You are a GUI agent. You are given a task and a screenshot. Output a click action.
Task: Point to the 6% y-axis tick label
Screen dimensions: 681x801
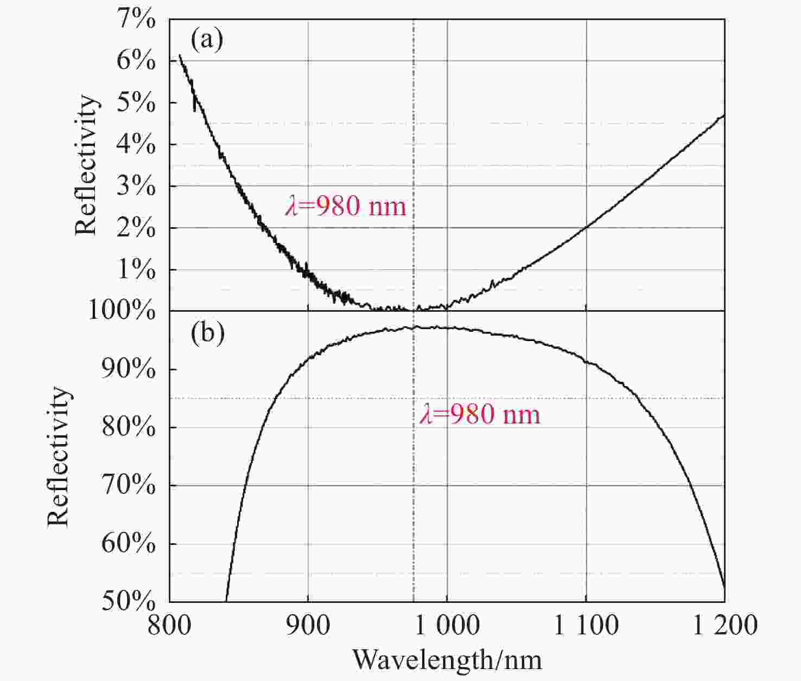(x=136, y=61)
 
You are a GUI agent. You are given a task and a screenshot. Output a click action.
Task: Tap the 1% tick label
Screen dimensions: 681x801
(x=136, y=269)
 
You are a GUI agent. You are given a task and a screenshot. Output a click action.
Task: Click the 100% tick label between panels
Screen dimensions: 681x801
(x=122, y=311)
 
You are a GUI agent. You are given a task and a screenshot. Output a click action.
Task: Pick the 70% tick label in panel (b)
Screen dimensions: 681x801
(x=129, y=485)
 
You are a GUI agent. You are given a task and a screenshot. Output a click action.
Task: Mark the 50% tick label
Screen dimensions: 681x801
(x=129, y=601)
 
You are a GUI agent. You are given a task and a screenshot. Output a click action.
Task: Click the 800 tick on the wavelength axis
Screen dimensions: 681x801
(x=170, y=625)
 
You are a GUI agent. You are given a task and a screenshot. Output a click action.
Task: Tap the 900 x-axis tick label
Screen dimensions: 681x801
(x=308, y=625)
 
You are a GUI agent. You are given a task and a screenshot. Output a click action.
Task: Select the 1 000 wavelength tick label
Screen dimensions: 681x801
(x=447, y=625)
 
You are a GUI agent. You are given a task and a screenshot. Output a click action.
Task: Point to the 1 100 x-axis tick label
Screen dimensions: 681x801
(x=586, y=625)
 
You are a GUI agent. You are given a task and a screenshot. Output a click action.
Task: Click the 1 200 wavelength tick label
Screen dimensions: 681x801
(x=725, y=625)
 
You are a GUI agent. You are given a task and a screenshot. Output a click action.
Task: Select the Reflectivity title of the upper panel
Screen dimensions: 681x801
(x=86, y=165)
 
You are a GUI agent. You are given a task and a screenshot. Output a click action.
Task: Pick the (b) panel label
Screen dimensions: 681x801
(x=207, y=334)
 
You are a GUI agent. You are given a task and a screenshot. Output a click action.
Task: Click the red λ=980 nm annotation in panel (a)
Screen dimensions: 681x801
(x=346, y=207)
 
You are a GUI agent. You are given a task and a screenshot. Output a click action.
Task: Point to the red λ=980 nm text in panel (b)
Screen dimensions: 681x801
(x=480, y=415)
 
